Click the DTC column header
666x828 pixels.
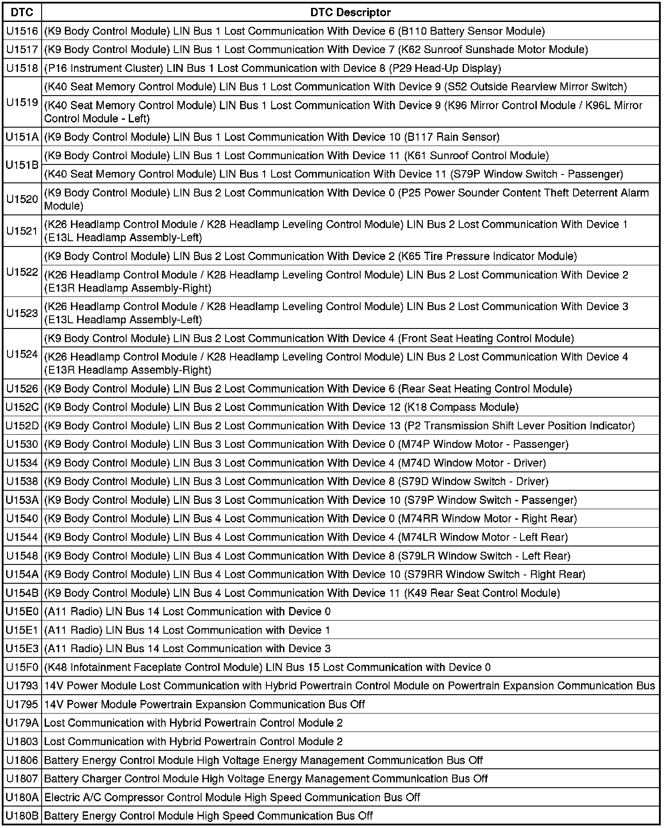point(22,12)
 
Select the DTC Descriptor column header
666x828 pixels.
point(351,12)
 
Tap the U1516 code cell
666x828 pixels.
point(22,31)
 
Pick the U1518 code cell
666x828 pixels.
point(22,68)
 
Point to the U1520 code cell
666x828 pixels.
point(22,199)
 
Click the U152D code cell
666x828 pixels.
point(22,426)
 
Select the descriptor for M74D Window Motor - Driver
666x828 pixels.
point(295,463)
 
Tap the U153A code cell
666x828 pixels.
point(22,500)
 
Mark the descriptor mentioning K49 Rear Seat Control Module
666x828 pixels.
point(302,593)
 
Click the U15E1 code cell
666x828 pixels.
point(22,630)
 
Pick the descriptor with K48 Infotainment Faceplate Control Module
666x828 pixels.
point(267,667)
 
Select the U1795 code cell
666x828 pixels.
point(22,705)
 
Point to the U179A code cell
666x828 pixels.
point(22,723)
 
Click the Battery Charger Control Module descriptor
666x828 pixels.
point(266,779)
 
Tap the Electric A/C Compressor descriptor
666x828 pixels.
point(232,797)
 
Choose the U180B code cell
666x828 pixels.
point(22,816)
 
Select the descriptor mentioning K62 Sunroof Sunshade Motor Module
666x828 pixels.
point(316,50)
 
